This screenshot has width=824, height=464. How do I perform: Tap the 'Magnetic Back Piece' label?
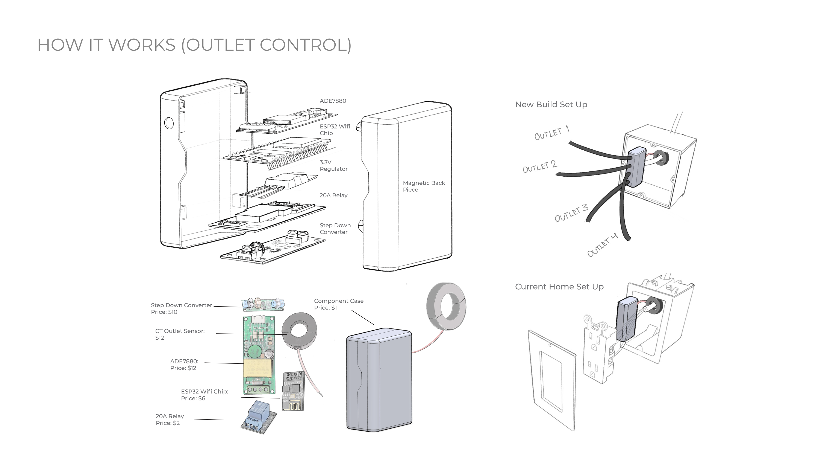424,186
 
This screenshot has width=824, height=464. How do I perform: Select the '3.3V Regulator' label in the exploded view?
333,166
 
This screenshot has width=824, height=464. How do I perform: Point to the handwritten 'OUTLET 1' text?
552,133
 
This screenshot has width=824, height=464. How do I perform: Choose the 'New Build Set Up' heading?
551,104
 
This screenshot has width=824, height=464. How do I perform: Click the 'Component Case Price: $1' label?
338,304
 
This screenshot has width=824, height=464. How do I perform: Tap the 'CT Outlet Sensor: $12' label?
180,334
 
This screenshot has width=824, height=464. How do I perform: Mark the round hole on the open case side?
169,123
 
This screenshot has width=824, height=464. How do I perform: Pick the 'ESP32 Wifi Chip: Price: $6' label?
204,395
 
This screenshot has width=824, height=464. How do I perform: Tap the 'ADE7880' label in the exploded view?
333,101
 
